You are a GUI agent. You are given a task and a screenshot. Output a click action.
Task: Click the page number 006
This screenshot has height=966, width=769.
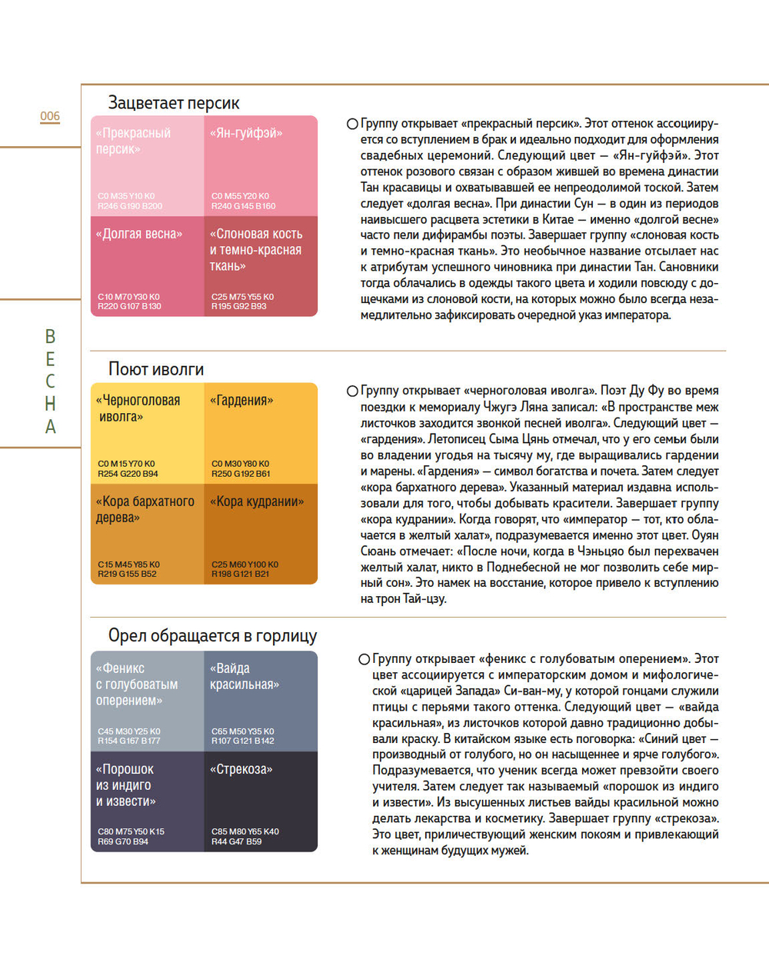click(50, 116)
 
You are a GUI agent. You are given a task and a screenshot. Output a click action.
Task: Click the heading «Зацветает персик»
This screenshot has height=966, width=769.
click(174, 103)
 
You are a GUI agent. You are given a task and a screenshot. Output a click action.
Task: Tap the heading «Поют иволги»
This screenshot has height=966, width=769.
click(156, 369)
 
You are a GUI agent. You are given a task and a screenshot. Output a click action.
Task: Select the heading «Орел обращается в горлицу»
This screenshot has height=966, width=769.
click(212, 636)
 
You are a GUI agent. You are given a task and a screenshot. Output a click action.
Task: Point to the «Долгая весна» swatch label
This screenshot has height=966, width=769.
click(139, 234)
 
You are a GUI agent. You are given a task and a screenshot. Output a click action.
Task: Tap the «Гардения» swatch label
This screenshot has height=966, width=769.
click(241, 401)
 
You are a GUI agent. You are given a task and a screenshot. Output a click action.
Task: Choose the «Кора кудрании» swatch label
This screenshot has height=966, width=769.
click(257, 501)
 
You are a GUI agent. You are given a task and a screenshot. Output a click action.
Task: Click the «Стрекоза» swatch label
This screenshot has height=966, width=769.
click(241, 769)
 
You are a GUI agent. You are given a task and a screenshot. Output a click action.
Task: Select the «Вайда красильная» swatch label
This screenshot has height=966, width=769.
click(245, 676)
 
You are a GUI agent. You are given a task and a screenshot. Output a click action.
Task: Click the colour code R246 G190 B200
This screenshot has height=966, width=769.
click(130, 206)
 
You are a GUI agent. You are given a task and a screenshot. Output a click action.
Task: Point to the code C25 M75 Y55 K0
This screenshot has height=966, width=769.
click(242, 297)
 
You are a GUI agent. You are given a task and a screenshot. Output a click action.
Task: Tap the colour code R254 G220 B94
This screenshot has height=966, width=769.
click(128, 474)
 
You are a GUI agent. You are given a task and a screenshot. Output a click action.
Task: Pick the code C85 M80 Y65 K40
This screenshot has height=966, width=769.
click(245, 831)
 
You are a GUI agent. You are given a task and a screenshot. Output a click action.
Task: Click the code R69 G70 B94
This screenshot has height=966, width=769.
click(123, 841)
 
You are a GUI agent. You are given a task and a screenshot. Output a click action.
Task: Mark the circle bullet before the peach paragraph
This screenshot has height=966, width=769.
click(352, 124)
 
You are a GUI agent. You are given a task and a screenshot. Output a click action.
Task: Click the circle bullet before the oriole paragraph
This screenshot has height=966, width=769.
click(352, 391)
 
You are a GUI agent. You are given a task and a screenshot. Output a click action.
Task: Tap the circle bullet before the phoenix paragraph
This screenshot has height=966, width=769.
click(365, 659)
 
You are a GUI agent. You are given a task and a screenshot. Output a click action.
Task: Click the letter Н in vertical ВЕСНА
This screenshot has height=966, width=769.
click(50, 404)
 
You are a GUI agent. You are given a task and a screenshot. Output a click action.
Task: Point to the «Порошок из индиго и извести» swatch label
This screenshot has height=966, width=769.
click(125, 785)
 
